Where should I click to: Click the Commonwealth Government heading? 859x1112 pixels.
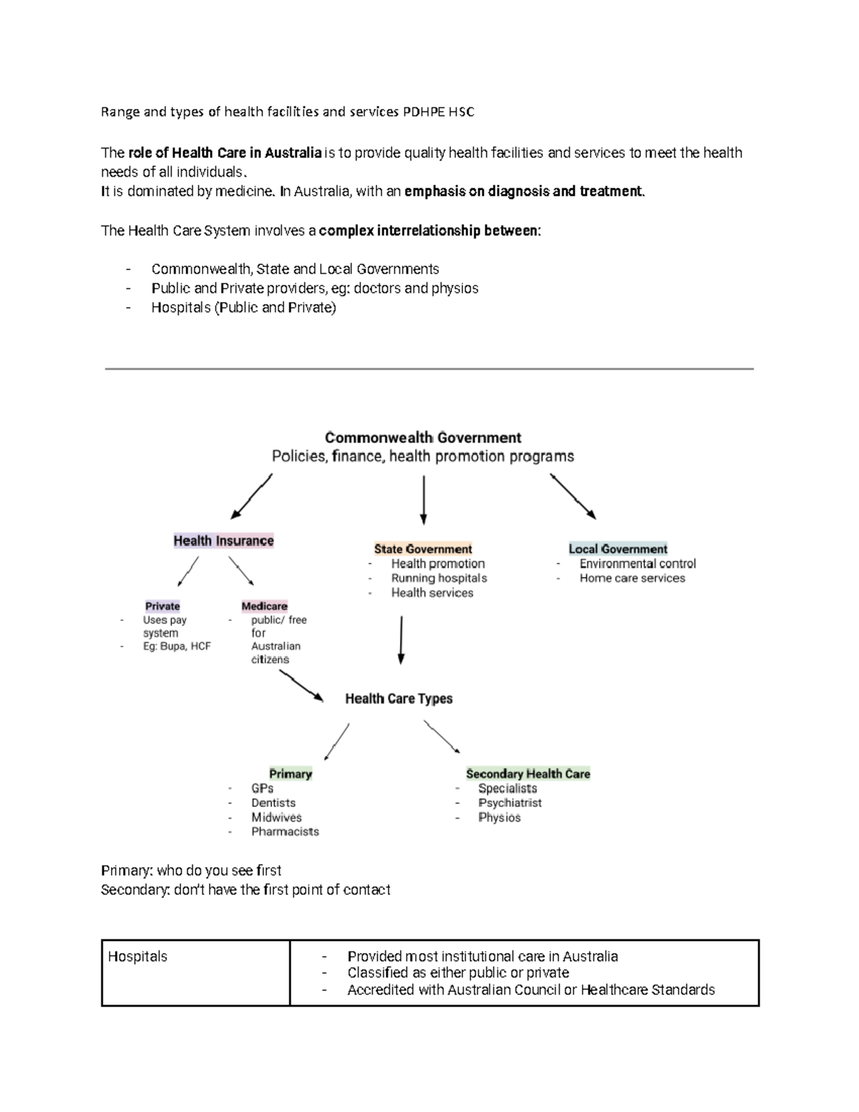tap(423, 437)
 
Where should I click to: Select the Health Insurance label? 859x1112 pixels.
tap(223, 541)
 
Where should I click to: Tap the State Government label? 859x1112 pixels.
tap(422, 549)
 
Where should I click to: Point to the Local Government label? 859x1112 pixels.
tap(618, 549)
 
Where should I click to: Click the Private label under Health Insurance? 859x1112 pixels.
tap(162, 606)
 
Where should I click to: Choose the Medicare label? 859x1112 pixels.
tap(264, 606)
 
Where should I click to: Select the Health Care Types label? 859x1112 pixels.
tap(399, 699)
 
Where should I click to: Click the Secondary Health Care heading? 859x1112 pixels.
tap(528, 774)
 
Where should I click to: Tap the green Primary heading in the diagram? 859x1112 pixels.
tap(290, 774)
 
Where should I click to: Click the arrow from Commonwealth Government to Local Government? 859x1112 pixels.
tap(573, 495)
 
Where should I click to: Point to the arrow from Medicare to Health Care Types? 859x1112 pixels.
tap(301, 689)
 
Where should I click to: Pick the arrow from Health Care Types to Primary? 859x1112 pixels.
tap(336, 741)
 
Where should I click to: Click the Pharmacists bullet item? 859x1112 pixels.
tap(285, 832)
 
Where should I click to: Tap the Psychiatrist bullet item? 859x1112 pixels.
tap(510, 803)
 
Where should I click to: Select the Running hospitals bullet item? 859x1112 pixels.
tap(439, 579)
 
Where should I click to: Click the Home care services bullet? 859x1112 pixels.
tap(632, 579)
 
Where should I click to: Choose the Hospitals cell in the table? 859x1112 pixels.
tap(137, 957)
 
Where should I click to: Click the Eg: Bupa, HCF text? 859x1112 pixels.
tap(177, 646)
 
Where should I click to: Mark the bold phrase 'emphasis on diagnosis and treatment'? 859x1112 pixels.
tap(524, 192)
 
